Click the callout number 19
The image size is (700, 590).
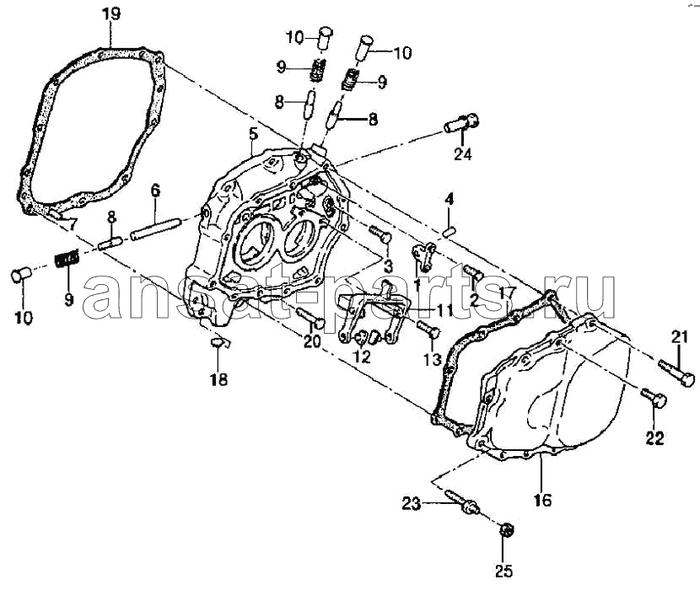tap(110, 13)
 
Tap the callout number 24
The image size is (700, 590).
tap(463, 154)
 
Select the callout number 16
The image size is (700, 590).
tap(542, 500)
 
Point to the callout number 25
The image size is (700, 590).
tap(503, 571)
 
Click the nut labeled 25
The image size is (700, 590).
tap(506, 530)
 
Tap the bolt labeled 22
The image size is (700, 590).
tap(654, 398)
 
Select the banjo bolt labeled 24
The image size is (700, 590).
tap(461, 123)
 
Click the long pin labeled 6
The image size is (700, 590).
tap(155, 228)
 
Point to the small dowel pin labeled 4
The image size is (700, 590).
tap(450, 232)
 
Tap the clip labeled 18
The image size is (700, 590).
tap(218, 343)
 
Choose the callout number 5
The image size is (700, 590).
tap(253, 133)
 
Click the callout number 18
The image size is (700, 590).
tap(218, 379)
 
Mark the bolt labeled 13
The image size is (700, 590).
tap(428, 330)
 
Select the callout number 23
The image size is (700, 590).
tap(412, 504)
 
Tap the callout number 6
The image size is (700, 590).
tap(155, 190)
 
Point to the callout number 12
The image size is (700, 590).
tap(362, 357)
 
